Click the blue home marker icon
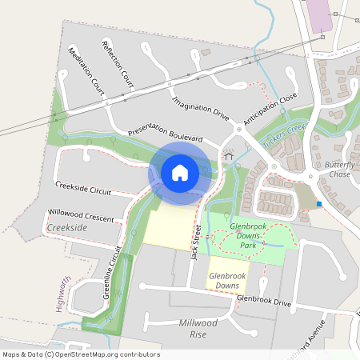click(180, 172)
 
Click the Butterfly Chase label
click(339, 170)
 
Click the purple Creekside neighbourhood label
click(67, 229)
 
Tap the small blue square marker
click(319, 204)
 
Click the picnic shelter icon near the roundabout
click(228, 156)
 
